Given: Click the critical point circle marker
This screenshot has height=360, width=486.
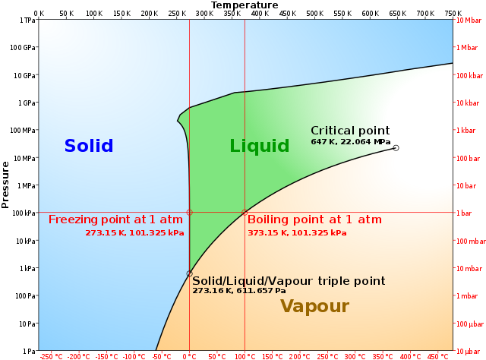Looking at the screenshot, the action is (x=396, y=148).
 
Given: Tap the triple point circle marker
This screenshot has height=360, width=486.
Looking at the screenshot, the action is (x=189, y=274).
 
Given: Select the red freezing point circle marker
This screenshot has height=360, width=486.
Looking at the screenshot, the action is (x=189, y=213).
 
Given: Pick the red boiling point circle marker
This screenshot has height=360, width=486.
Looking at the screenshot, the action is (x=245, y=213).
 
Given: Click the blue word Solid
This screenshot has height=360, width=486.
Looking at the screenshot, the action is (x=89, y=146).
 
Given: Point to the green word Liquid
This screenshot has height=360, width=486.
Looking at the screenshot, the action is (x=260, y=146).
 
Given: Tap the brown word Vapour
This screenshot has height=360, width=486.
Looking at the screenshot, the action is (x=315, y=306).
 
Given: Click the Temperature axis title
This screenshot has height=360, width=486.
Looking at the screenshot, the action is (x=245, y=5).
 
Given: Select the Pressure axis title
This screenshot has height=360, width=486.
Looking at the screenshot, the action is (x=5, y=185).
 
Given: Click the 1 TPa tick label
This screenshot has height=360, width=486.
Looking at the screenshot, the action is (x=27, y=21).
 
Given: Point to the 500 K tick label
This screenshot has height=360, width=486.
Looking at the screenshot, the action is (x=315, y=14).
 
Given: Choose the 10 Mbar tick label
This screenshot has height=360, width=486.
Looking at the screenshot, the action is (x=469, y=21).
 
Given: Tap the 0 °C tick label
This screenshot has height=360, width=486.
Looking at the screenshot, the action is (x=189, y=357).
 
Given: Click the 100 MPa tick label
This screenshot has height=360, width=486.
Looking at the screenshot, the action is (x=23, y=130).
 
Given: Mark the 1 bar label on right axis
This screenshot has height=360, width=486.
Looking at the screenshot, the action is (x=464, y=213).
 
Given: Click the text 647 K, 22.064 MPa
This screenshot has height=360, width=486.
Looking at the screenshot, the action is (x=351, y=142).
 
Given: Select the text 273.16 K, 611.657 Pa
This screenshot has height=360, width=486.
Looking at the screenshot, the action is (x=239, y=291).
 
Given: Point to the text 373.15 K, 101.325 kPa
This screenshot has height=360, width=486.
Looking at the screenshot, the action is (x=297, y=233).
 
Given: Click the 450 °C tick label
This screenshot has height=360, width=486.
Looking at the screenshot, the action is (x=437, y=357).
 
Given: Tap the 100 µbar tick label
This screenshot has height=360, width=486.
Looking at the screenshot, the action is (x=470, y=324).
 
